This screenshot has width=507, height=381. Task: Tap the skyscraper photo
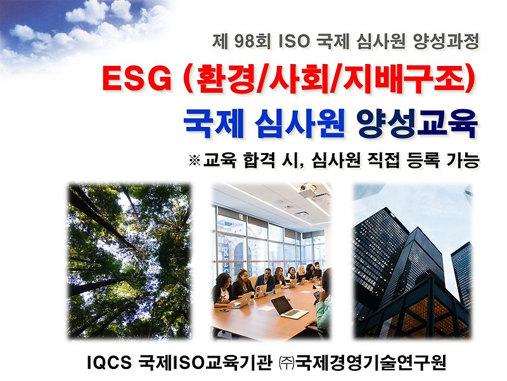412,260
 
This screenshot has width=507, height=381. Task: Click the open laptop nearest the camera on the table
288,307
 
